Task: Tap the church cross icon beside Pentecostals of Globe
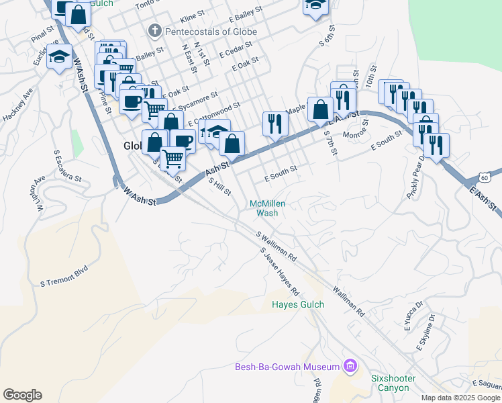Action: (x=154, y=30)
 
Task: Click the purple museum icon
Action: (x=350, y=366)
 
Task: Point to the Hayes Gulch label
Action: (x=298, y=304)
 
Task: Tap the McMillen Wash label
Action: (x=264, y=208)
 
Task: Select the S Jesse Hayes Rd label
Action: (x=279, y=272)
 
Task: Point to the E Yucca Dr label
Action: (x=413, y=316)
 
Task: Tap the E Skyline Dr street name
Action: (x=428, y=333)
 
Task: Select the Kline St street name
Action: (x=192, y=14)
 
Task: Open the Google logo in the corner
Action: (x=22, y=395)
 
